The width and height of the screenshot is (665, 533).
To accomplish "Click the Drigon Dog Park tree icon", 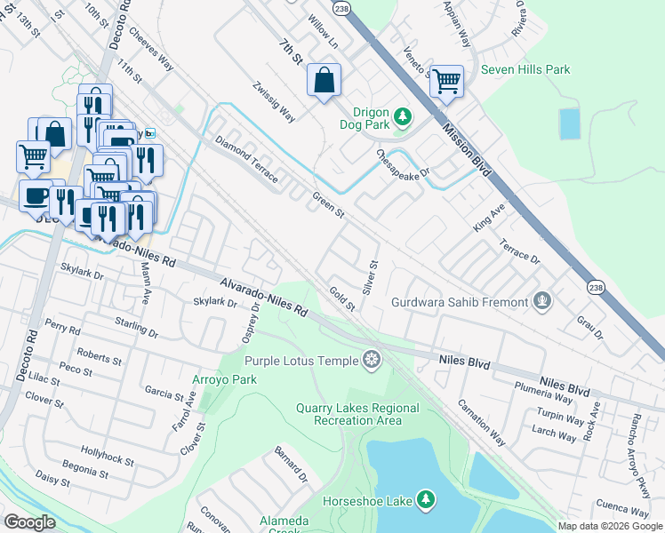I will (403, 115).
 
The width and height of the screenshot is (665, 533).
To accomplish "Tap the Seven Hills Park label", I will (525, 69).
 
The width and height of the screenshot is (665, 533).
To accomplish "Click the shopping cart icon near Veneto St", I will (446, 81).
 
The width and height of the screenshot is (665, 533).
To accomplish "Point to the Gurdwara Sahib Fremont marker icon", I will (541, 302).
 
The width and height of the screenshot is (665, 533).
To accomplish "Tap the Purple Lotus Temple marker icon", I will (372, 360).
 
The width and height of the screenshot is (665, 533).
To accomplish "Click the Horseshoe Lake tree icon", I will (426, 501).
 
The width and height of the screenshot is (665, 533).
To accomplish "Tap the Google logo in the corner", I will (29, 522).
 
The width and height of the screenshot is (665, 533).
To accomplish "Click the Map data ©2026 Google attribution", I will (611, 526).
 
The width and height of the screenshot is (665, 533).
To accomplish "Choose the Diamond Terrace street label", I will (246, 160).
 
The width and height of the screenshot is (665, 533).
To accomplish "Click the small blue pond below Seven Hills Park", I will (569, 123).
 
